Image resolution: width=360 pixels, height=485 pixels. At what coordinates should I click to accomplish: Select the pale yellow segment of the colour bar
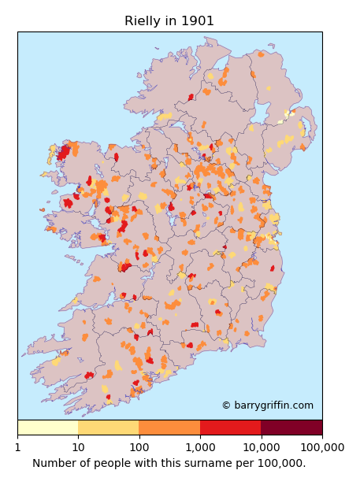pos(47,428)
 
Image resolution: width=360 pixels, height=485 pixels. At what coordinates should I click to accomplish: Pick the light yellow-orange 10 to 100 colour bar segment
pos(108,428)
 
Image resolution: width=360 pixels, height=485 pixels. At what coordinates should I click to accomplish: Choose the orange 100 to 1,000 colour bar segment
pos(169,428)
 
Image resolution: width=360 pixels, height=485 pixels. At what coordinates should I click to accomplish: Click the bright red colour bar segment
pos(230,428)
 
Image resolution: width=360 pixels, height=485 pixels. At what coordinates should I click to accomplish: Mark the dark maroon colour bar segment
pos(291,428)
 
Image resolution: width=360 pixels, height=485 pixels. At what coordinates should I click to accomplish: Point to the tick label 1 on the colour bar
pos(17,447)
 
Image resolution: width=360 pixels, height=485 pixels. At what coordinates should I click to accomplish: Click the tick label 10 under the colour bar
pos(78,447)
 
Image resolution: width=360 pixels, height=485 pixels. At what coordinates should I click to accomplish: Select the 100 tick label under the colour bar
pos(139,447)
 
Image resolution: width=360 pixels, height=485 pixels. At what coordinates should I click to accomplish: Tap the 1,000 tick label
pos(200,447)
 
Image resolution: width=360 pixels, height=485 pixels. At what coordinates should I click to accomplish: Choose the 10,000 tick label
pos(261,447)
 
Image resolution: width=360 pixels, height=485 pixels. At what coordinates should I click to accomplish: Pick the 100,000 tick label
pos(322,447)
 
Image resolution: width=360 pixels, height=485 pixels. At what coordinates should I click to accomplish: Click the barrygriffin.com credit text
pos(273,405)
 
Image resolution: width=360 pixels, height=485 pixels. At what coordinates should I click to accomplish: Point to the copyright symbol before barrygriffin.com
pos(226,405)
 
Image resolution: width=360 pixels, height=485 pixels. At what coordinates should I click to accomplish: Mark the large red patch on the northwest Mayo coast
pos(63,151)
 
